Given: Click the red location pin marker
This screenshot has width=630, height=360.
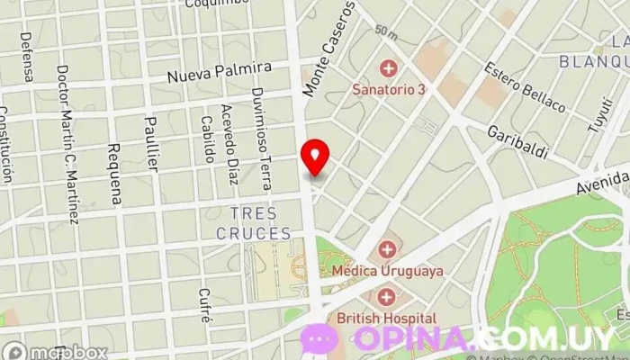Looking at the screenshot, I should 315,157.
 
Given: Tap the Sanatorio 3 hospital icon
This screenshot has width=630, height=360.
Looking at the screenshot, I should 389,67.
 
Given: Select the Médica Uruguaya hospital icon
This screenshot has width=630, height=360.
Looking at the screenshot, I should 387,248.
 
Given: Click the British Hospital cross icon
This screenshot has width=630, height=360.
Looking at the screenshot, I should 387,297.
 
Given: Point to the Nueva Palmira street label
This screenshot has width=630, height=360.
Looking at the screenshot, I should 220,73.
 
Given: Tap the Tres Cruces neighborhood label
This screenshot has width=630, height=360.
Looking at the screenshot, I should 254,223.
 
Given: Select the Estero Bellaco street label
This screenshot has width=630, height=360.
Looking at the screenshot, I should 525,87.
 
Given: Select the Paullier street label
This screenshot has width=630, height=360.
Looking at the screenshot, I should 152,144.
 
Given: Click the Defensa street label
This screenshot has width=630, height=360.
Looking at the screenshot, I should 27,57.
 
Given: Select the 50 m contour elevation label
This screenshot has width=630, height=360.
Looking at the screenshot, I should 386,32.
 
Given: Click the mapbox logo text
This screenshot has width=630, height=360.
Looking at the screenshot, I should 67,352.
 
